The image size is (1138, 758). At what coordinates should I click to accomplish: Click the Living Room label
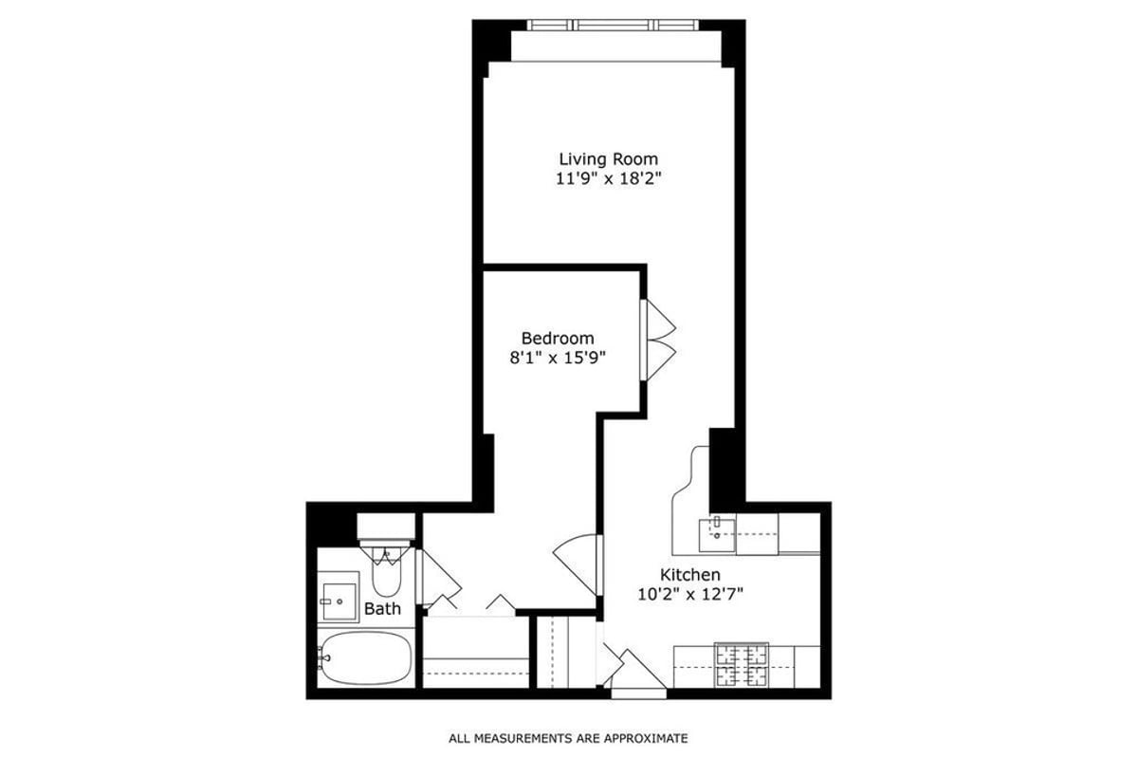click(x=608, y=159)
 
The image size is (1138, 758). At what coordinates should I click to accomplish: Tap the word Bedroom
click(x=558, y=338)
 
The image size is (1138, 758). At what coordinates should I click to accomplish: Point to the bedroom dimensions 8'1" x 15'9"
click(x=558, y=358)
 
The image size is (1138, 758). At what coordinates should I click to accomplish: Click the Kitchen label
click(x=690, y=575)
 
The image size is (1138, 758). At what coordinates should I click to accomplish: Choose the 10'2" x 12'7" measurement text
click(x=690, y=595)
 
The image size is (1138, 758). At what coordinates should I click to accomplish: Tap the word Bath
click(x=382, y=609)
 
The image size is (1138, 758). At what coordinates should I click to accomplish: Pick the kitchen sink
click(x=718, y=534)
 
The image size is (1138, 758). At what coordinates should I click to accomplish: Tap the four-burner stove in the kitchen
click(x=742, y=664)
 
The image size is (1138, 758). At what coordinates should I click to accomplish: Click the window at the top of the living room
click(x=607, y=26)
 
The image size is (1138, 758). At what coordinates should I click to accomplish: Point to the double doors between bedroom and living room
click(x=657, y=342)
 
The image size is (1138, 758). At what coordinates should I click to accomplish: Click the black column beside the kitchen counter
click(x=725, y=467)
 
